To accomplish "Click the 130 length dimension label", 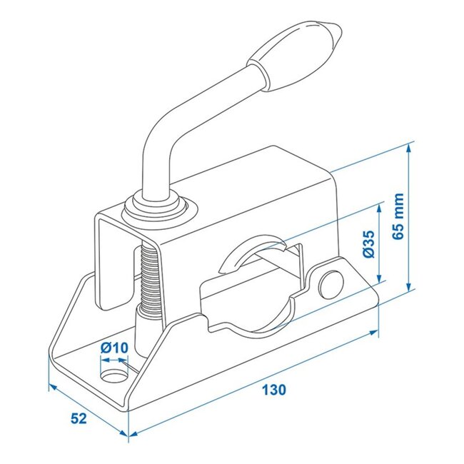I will (x=273, y=390).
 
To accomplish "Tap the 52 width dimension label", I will (x=79, y=418).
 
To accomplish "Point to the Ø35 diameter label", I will (x=368, y=244).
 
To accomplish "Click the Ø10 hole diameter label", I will (x=114, y=348).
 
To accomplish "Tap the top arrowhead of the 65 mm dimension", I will (x=409, y=148).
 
